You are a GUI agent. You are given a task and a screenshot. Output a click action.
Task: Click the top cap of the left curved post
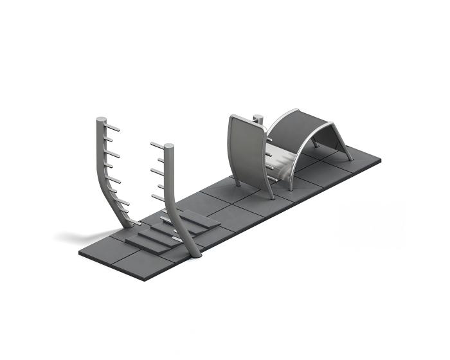click(x=102, y=120)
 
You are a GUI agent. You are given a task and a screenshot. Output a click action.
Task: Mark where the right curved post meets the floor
click(x=195, y=255)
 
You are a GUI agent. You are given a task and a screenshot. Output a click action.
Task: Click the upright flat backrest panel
click(x=248, y=152)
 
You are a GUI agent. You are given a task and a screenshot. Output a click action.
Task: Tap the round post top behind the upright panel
click(x=258, y=117)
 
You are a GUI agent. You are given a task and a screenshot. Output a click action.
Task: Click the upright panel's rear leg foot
click(x=237, y=184)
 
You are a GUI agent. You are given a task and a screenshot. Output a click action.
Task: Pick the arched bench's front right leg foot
click(x=350, y=159)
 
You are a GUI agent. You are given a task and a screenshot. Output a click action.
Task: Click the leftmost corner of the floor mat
click(x=80, y=253)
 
